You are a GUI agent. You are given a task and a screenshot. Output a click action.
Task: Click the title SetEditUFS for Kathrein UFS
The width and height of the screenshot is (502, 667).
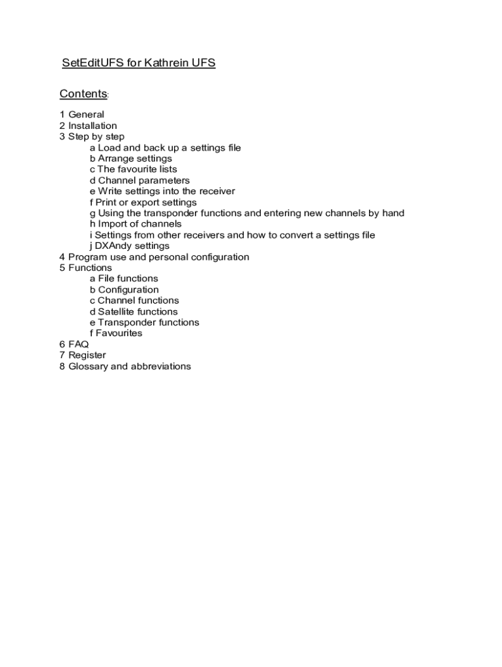[138, 63]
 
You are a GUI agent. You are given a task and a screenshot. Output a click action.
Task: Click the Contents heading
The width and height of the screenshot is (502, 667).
[83, 94]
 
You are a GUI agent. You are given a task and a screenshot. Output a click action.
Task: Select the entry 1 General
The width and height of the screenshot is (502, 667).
[81, 115]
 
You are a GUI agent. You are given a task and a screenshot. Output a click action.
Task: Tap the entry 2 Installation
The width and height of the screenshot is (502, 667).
[88, 126]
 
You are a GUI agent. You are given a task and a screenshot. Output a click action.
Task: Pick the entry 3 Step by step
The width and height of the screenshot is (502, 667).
[91, 137]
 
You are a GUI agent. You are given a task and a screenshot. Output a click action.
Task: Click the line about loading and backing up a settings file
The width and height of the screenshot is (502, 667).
[165, 148]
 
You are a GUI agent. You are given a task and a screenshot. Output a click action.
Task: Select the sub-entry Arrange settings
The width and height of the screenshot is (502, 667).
[130, 158]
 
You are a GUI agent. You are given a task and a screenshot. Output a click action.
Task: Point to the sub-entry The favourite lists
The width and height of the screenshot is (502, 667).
[133, 169]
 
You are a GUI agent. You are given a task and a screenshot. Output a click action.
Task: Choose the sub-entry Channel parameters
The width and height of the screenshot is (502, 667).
[140, 180]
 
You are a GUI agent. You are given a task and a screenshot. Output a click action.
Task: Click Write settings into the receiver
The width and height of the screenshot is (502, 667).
[162, 192]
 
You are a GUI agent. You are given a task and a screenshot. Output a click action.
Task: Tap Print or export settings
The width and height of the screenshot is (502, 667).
[143, 203]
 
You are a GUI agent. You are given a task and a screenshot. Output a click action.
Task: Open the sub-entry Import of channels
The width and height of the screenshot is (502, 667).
[136, 224]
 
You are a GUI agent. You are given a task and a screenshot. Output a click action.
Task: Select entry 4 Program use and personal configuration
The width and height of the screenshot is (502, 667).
[154, 257]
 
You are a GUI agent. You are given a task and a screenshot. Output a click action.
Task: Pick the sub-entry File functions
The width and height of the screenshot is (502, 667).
[124, 279]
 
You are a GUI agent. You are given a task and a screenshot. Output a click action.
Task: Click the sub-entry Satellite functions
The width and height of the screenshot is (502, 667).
[134, 311]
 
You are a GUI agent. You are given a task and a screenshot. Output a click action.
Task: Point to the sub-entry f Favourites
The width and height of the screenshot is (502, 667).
[115, 333]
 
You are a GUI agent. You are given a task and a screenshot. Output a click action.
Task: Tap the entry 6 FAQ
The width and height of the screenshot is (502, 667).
[74, 344]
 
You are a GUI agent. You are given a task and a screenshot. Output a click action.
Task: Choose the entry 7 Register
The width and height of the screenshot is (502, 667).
[82, 355]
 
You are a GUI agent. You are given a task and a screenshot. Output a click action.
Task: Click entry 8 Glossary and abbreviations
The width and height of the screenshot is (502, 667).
[125, 366]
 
